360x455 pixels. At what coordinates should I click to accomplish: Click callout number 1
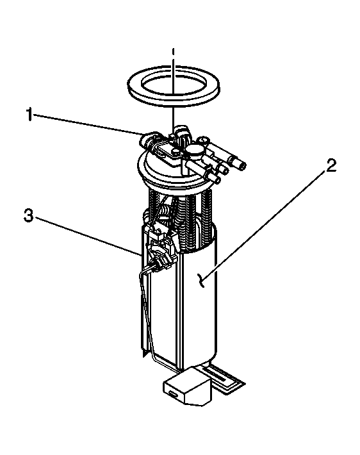coord(29,114)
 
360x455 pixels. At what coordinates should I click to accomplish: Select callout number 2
coord(331,165)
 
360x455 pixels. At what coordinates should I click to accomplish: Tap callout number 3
coord(28,216)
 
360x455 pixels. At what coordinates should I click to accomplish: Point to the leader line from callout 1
coord(89,124)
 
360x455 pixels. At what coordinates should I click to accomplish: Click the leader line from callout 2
coord(265,225)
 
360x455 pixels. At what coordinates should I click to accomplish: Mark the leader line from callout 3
coord(88,236)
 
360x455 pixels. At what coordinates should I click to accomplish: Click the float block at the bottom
coord(187,386)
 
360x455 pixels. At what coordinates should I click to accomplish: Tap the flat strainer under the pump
coord(223,379)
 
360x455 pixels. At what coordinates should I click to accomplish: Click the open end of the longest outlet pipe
coord(242,166)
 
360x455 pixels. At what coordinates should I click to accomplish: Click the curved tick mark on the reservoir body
coord(200,281)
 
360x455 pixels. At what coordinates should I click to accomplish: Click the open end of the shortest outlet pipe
coord(217,180)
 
